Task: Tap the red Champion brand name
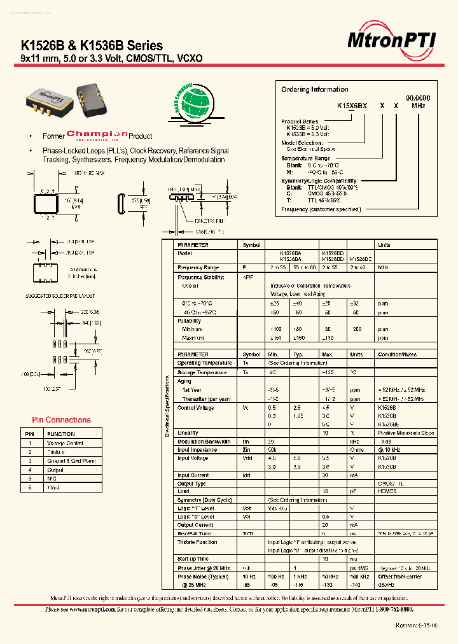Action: click(x=97, y=134)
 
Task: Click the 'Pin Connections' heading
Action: click(x=61, y=420)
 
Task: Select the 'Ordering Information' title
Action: click(x=315, y=90)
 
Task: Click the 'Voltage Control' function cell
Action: click(x=65, y=443)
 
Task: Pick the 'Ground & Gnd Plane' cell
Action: click(x=71, y=461)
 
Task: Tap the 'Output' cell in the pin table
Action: click(x=55, y=470)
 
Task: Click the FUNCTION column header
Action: click(x=60, y=434)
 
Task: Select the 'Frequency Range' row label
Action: click(x=198, y=268)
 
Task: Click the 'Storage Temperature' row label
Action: click(x=202, y=373)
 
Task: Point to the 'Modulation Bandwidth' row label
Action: click(x=204, y=442)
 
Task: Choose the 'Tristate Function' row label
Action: click(x=197, y=542)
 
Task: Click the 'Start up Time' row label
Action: click(x=193, y=559)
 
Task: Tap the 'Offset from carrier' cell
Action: click(x=401, y=577)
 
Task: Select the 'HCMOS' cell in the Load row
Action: click(x=387, y=491)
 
